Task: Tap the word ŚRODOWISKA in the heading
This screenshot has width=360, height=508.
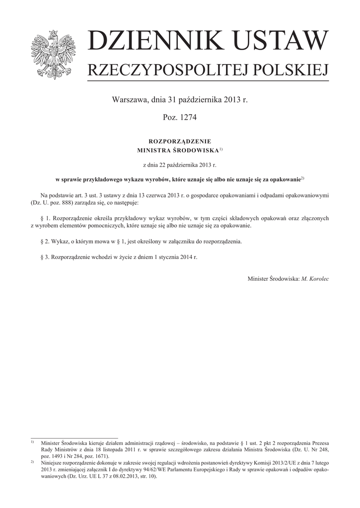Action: click(195, 149)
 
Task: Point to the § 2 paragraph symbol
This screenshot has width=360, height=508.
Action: click(43, 242)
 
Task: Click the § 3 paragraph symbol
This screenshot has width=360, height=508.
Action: click(43, 258)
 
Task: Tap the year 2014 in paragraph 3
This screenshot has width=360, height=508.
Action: click(183, 258)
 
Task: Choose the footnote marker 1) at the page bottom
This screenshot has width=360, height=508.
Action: click(32, 441)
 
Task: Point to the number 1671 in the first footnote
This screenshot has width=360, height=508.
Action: click(100, 456)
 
